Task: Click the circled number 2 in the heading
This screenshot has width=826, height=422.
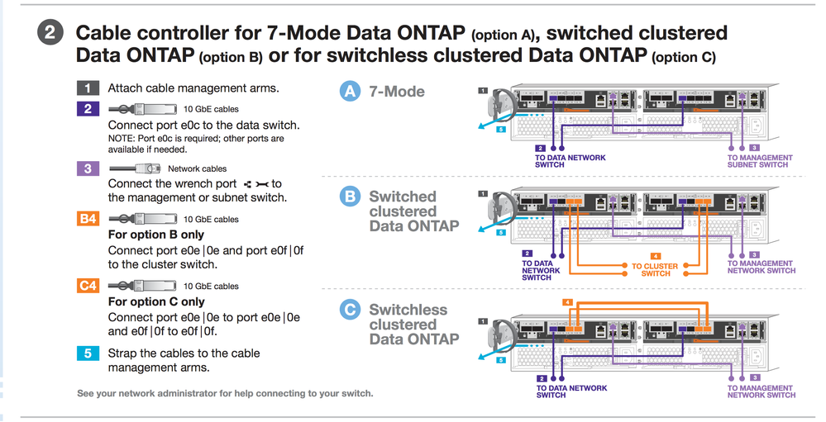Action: point(50,34)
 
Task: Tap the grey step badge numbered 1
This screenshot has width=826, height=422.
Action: point(88,88)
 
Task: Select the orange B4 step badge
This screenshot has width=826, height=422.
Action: point(88,219)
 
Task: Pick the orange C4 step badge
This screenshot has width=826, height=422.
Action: point(88,286)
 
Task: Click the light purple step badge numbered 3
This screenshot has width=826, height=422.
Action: point(88,168)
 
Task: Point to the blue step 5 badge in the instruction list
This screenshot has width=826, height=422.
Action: point(88,353)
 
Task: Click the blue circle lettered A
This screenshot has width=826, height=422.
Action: point(351,91)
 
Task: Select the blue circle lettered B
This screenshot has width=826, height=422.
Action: point(351,197)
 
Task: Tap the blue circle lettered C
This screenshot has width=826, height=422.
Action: point(351,310)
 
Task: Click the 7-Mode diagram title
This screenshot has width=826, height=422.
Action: point(397,91)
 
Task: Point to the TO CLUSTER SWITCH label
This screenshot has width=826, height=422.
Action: point(656,270)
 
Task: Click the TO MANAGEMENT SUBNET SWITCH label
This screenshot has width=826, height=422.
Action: point(760,161)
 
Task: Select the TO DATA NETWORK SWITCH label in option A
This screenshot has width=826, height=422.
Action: point(571,161)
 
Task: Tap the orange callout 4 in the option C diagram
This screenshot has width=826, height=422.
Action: point(567,302)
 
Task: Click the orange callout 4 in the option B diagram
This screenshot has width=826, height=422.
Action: point(656,256)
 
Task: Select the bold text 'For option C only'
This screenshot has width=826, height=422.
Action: point(156,301)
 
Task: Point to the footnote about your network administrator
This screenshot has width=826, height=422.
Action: point(225,393)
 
